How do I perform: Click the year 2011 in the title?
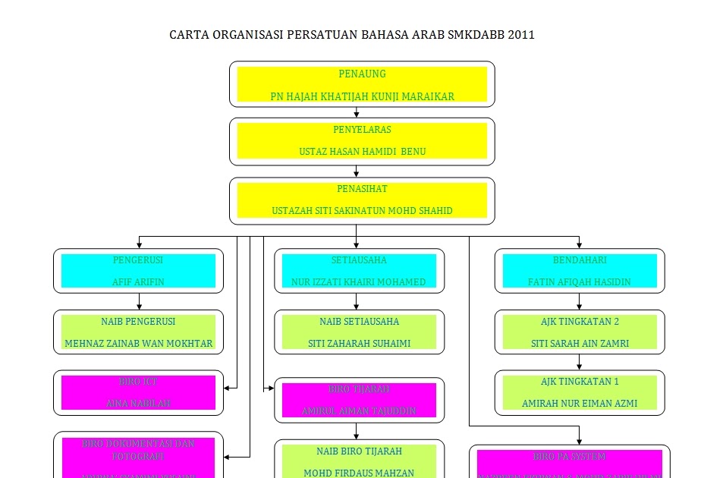pyautogui.click(x=521, y=35)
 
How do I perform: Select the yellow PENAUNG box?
pyautogui.click(x=362, y=84)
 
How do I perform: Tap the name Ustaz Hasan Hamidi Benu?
pyautogui.click(x=362, y=152)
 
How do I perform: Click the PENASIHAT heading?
pyautogui.click(x=362, y=189)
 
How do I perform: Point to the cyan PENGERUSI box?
pyautogui.click(x=138, y=271)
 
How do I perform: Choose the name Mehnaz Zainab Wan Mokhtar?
pyautogui.click(x=138, y=344)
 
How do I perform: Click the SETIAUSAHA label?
pyautogui.click(x=359, y=260)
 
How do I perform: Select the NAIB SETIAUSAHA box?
pyautogui.click(x=359, y=332)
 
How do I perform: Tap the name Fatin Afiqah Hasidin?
pyautogui.click(x=580, y=282)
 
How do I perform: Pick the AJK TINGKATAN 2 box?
pyautogui.click(x=580, y=332)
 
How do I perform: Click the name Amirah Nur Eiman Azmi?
pyautogui.click(x=580, y=404)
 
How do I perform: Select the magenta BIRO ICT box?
pyautogui.click(x=138, y=392)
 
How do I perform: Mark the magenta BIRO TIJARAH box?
pyautogui.click(x=359, y=400)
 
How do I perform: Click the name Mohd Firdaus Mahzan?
pyautogui.click(x=359, y=473)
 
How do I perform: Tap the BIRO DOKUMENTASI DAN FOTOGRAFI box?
pyautogui.click(x=138, y=455)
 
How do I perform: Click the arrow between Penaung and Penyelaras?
pyautogui.click(x=357, y=112)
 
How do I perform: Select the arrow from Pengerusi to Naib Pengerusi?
pyautogui.click(x=139, y=301)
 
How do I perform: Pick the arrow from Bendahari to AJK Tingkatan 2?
pyautogui.click(x=580, y=301)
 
